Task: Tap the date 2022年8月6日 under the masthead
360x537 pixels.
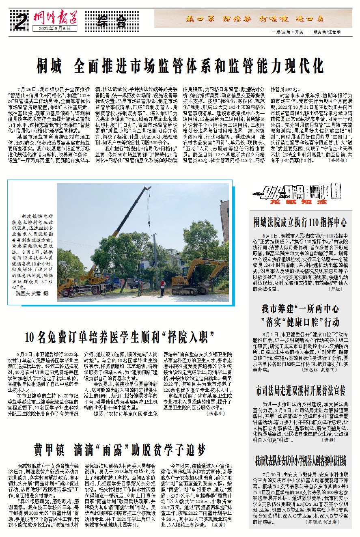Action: click(x=58, y=28)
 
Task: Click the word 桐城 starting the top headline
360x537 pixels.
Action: click(x=49, y=65)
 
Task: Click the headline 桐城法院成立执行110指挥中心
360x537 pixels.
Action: click(x=300, y=222)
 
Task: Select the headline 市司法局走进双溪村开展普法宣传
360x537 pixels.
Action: click(x=300, y=391)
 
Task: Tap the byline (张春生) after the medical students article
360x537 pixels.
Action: click(x=216, y=414)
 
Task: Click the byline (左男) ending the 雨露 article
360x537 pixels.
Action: click(x=218, y=525)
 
